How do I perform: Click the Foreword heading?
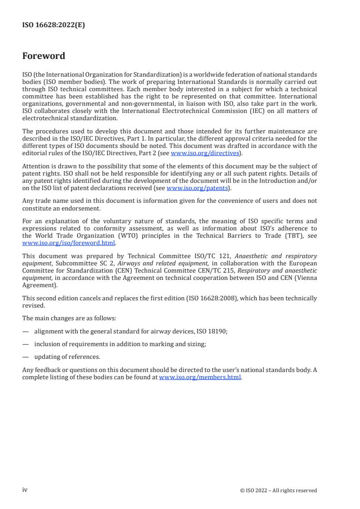tap(44, 56)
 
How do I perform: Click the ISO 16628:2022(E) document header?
tap(54, 25)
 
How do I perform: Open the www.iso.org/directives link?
tap(205, 153)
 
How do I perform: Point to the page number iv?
tap(25, 490)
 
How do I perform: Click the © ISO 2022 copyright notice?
tap(278, 490)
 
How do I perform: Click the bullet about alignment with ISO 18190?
tap(131, 332)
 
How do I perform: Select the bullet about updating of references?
tap(67, 357)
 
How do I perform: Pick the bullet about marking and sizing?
tap(120, 344)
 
